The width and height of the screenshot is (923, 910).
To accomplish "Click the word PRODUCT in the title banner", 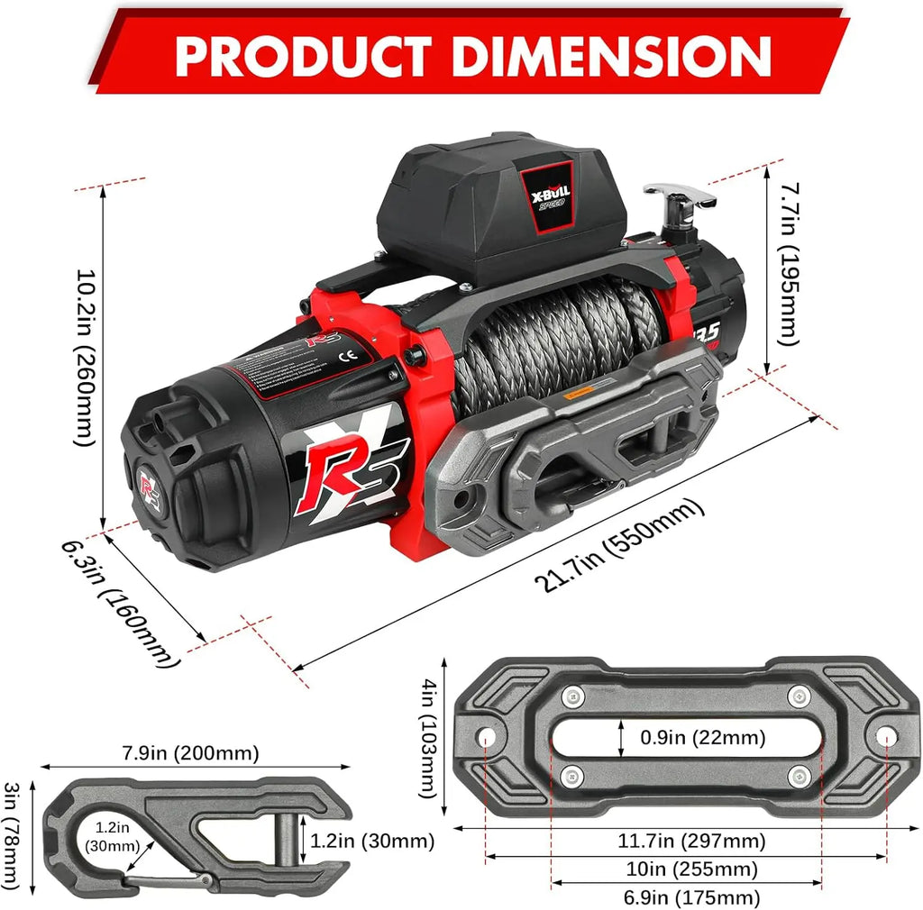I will click(303, 55).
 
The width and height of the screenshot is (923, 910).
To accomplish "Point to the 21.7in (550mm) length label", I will click(619, 547).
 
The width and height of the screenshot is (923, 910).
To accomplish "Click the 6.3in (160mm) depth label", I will click(117, 603).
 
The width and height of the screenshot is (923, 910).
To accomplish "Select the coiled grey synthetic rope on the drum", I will click(559, 333).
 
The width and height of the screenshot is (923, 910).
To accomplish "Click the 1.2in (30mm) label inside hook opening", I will click(113, 837).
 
